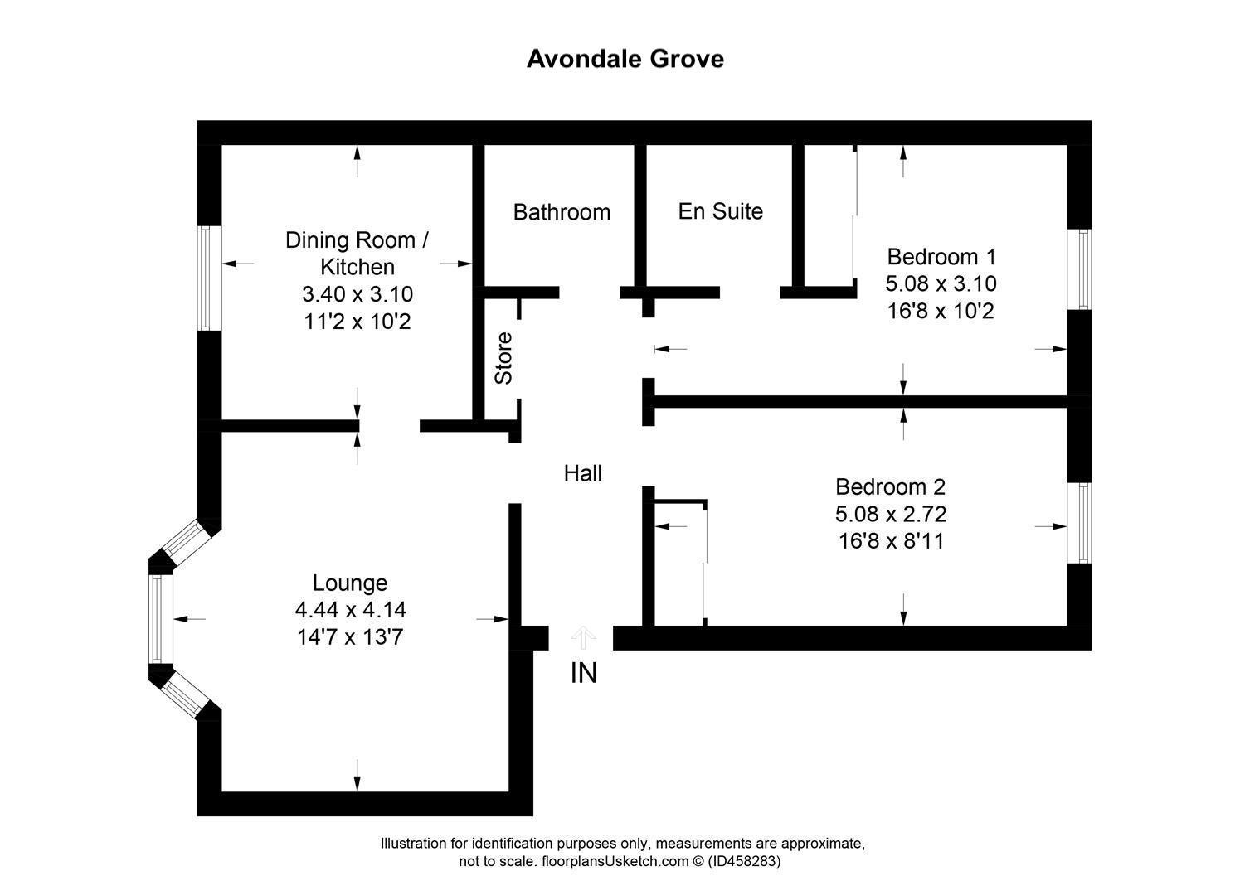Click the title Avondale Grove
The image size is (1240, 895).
(625, 59)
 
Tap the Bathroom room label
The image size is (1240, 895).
(562, 212)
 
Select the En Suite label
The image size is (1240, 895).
(720, 211)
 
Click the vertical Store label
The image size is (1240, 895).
(503, 357)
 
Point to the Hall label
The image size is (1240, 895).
(582, 473)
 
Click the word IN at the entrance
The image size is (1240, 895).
(583, 673)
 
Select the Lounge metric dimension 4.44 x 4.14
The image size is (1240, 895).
(350, 610)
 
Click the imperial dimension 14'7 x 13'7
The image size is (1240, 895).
(350, 637)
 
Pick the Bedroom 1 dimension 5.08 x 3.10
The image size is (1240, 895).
(941, 283)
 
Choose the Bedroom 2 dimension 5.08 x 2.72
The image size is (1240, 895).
(891, 514)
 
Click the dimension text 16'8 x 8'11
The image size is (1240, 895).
(891, 541)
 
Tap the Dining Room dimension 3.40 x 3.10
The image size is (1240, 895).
(357, 294)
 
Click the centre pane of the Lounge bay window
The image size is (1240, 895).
(160, 618)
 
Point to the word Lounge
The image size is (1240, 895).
(350, 583)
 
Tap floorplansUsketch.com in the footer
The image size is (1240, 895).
(603, 861)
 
